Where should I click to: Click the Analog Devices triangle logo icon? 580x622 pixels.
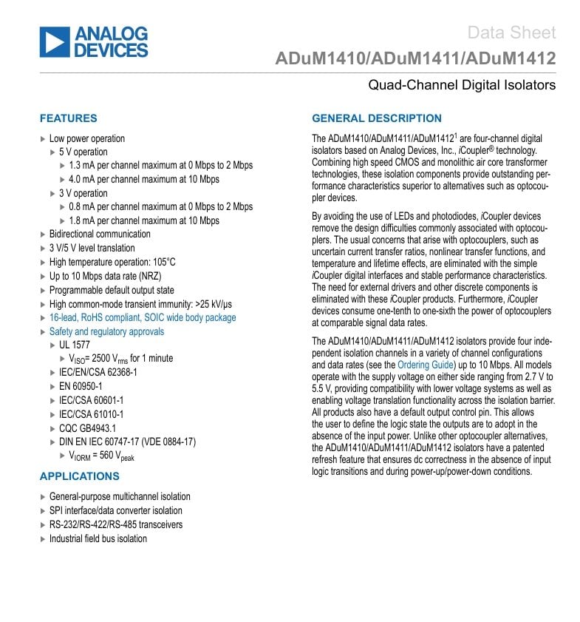click(x=54, y=42)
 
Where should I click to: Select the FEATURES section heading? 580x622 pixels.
click(x=68, y=118)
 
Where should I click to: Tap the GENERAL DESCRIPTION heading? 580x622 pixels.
click(x=377, y=118)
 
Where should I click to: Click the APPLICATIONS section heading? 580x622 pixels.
click(x=79, y=476)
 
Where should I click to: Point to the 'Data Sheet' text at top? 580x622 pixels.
click(x=511, y=33)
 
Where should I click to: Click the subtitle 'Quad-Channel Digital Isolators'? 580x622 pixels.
click(x=462, y=85)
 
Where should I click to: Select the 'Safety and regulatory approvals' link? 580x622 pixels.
click(x=106, y=331)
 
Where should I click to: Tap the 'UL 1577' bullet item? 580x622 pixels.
click(x=75, y=345)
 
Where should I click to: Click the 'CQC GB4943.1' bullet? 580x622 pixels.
click(x=87, y=427)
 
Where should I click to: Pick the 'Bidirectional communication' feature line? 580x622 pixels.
click(x=100, y=234)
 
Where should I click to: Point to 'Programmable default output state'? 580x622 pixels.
click(x=112, y=290)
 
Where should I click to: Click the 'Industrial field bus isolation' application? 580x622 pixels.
click(x=98, y=538)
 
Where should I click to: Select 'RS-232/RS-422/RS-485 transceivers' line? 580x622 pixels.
click(x=115, y=524)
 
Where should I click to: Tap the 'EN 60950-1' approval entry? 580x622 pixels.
click(x=81, y=386)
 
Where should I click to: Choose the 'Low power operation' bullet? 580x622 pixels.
click(x=86, y=138)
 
